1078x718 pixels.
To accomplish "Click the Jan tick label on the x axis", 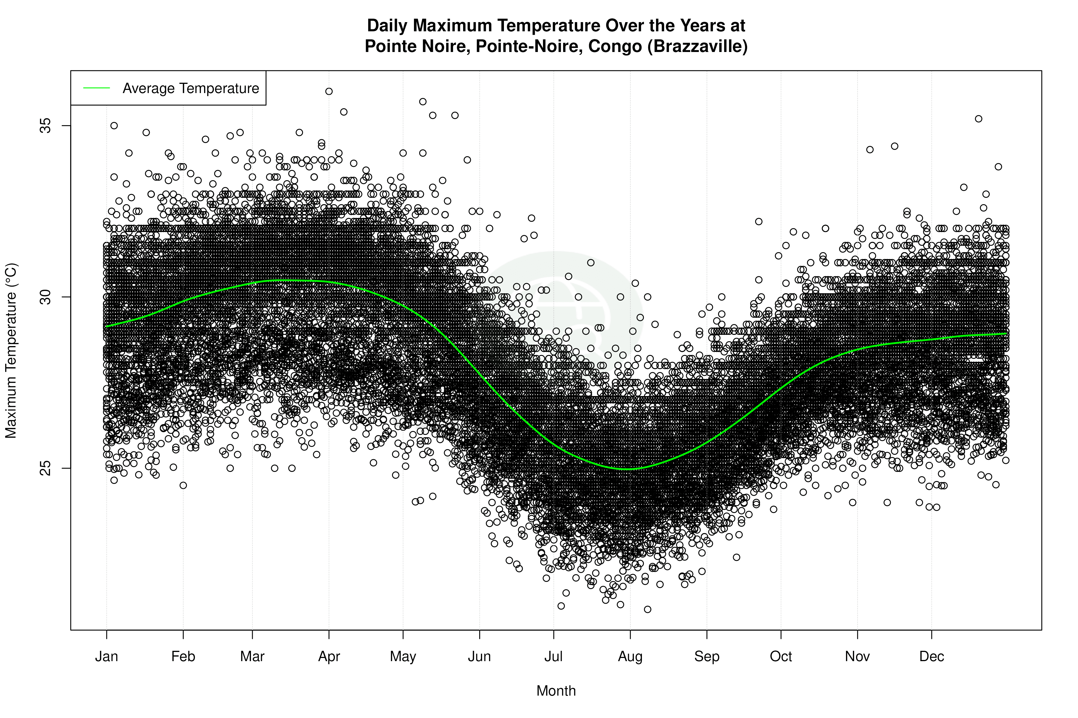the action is click(x=106, y=657).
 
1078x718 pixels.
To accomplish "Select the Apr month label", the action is click(x=329, y=657).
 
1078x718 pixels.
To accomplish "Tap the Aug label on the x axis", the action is click(x=630, y=657).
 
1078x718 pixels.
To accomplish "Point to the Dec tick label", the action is click(x=932, y=657).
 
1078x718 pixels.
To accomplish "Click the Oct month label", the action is click(x=781, y=657).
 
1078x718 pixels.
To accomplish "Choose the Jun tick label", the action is click(x=479, y=657).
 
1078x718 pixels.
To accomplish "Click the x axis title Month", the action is click(x=556, y=691).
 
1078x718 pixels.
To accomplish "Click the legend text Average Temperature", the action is click(x=191, y=88).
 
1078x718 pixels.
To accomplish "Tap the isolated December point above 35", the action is click(x=979, y=119).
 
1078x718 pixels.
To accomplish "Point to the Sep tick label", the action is click(x=707, y=657).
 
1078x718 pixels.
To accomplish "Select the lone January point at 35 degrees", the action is click(x=114, y=126).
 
